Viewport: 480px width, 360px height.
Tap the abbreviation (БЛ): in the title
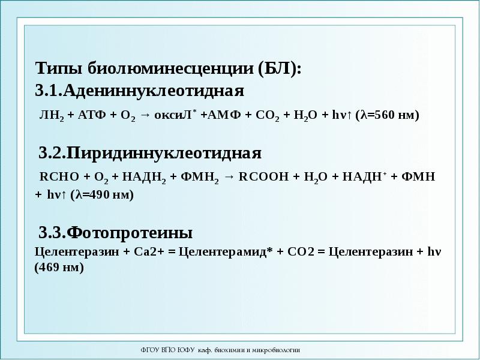280,68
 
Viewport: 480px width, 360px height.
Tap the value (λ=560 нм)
388,116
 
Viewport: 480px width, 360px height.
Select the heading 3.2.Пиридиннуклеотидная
150,153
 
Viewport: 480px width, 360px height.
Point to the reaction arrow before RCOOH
229,178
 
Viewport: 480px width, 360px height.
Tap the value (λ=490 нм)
101,196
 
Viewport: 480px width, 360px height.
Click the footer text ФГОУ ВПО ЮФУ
163,349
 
